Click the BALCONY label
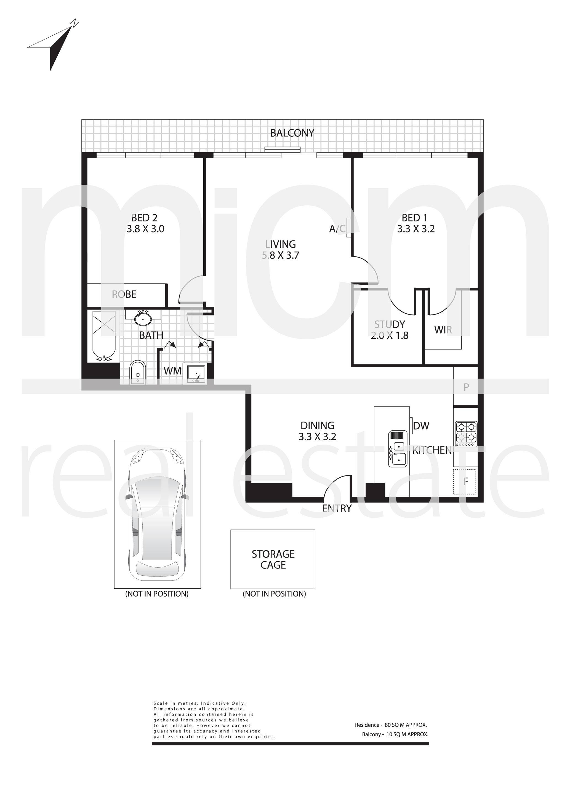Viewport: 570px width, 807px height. (x=292, y=133)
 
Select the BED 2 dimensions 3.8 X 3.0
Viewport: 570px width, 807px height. (x=145, y=229)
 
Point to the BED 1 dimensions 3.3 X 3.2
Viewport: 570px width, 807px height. (x=416, y=229)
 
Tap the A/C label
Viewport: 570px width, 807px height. (x=337, y=229)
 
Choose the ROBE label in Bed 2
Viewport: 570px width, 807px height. (x=124, y=294)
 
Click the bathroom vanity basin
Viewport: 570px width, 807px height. (x=143, y=318)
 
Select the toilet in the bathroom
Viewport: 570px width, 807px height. (x=137, y=372)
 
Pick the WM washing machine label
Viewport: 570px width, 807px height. (x=172, y=371)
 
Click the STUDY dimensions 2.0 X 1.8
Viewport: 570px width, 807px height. (x=390, y=335)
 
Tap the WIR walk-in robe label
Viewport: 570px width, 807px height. (x=443, y=330)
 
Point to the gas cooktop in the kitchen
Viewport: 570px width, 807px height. (x=466, y=434)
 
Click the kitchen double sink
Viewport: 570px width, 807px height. (x=397, y=449)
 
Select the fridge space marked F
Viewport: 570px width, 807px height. (x=464, y=481)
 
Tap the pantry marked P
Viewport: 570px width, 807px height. (x=466, y=387)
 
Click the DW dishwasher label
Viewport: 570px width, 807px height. (x=421, y=426)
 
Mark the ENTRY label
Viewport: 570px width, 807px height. (x=337, y=508)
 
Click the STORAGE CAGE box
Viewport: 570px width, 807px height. (x=273, y=559)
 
